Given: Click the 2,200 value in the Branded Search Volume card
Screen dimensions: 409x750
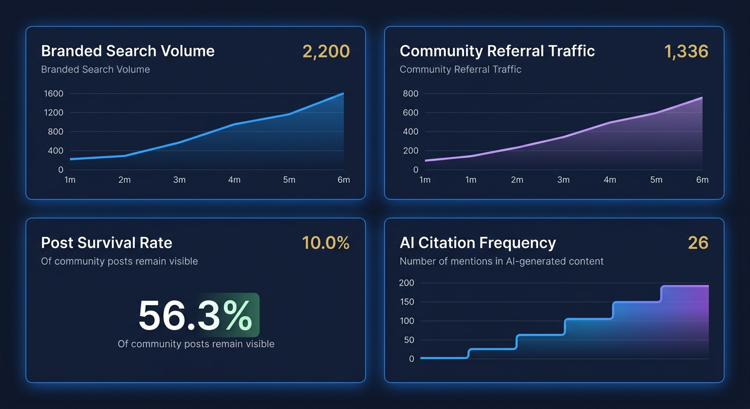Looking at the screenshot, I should click(x=325, y=51).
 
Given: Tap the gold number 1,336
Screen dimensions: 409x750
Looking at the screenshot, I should click(x=686, y=51).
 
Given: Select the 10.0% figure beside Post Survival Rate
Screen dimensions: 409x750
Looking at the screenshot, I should click(x=325, y=243).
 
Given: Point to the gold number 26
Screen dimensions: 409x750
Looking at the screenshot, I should click(x=698, y=243).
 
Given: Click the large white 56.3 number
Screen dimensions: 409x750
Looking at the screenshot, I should click(x=178, y=316).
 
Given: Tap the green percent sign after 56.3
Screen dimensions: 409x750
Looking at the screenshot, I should click(x=238, y=316).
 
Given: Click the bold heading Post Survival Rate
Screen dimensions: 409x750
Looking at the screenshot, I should click(x=107, y=243).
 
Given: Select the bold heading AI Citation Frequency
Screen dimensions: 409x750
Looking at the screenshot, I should click(x=477, y=243).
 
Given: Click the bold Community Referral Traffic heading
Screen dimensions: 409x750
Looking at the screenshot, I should click(x=497, y=51).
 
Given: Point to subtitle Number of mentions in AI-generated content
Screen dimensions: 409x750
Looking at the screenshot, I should click(x=501, y=261).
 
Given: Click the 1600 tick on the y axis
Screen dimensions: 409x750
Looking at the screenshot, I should click(x=53, y=94).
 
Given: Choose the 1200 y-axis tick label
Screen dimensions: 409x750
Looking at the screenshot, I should click(x=53, y=113).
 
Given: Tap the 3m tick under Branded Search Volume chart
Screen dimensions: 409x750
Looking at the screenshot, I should click(x=180, y=180).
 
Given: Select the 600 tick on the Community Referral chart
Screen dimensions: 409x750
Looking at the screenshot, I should click(x=411, y=113).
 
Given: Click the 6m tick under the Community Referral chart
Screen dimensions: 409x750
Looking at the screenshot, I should click(x=702, y=180).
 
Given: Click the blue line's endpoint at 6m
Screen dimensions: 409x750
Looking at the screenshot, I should click(x=343, y=94).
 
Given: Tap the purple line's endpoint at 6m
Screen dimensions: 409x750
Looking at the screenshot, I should click(x=702, y=97).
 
